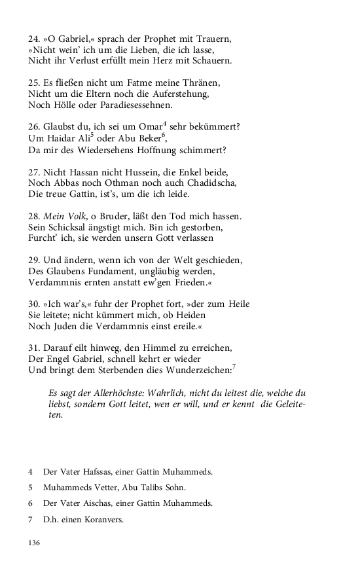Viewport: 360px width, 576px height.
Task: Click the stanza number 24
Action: point(34,37)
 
